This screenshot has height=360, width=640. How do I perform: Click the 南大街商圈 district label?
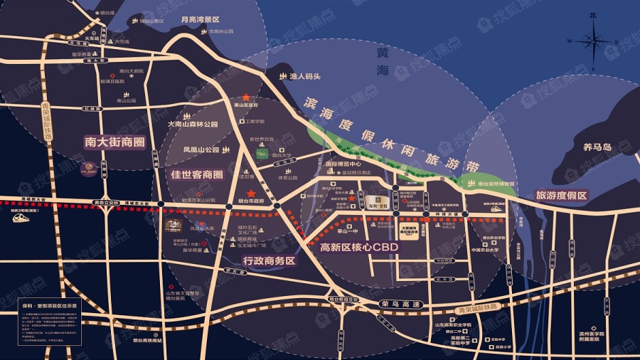click(x=114, y=142)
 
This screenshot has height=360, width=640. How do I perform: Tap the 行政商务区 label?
click(x=269, y=260)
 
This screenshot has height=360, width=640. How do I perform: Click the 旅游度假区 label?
click(x=562, y=195)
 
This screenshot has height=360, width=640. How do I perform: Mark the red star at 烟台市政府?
click(x=250, y=194)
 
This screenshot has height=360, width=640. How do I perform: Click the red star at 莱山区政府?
click(x=246, y=96)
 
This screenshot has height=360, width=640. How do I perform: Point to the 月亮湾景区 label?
click(x=201, y=21)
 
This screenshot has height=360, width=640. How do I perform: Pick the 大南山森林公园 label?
click(x=192, y=124)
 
